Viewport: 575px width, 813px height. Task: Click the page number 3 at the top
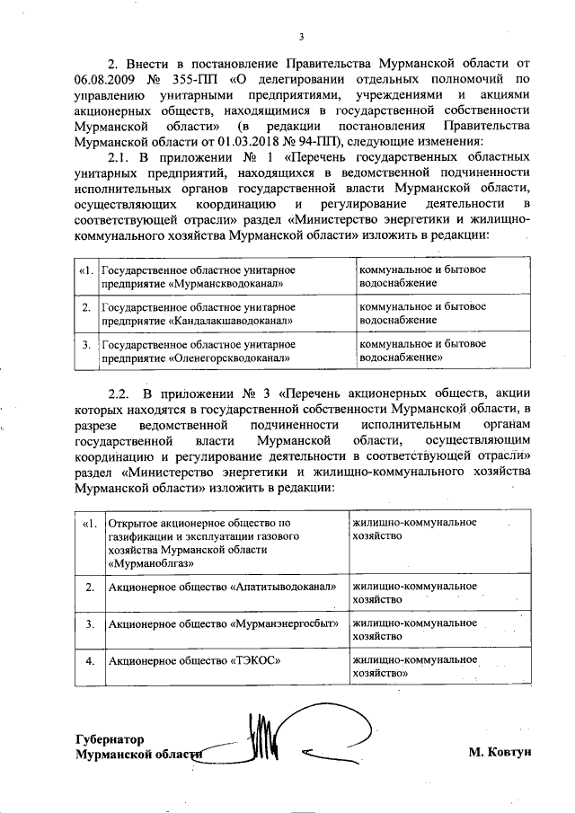[302, 37]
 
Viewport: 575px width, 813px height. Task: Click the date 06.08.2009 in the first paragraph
[108, 79]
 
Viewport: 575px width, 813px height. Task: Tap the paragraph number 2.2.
[119, 393]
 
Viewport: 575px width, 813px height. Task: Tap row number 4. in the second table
[89, 661]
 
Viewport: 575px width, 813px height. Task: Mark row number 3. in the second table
[89, 623]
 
